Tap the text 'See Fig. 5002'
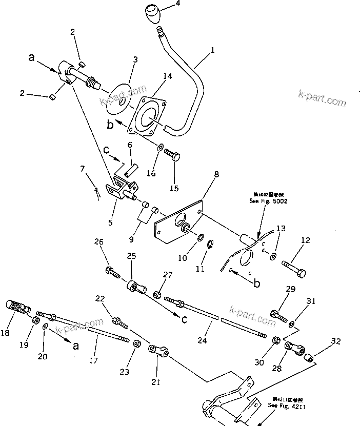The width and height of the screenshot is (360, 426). point(269,201)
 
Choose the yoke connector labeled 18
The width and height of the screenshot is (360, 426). point(14,306)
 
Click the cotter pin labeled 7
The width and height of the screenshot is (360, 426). point(96,191)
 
